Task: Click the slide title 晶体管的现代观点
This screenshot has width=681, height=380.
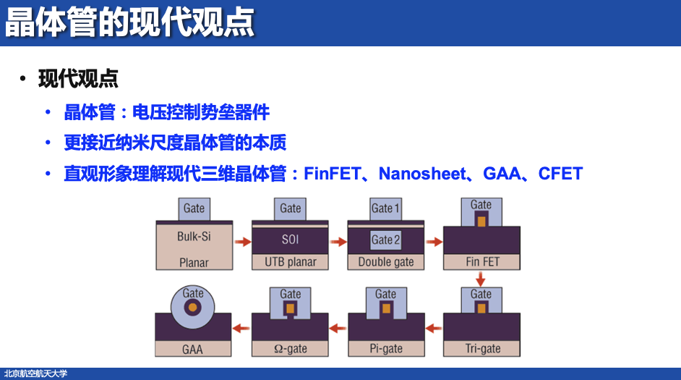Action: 130,22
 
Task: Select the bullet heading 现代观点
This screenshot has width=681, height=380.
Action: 78,79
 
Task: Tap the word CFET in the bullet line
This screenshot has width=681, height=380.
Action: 560,174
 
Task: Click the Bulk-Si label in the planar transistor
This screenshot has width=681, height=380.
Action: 194,237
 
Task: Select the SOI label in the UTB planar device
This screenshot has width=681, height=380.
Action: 290,239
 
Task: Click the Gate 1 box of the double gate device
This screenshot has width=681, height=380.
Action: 385,208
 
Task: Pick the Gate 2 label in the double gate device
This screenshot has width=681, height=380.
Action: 385,240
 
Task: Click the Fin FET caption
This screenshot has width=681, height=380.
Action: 482,261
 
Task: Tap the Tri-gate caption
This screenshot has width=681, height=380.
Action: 482,348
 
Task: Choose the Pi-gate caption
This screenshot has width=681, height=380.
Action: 386,348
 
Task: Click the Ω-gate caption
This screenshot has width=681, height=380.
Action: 290,348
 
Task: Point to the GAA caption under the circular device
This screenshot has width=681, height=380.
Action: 193,349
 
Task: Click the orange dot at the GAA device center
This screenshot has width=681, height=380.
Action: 193,307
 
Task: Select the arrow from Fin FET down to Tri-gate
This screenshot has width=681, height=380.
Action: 481,278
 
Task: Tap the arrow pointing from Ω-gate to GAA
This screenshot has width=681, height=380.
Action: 241,328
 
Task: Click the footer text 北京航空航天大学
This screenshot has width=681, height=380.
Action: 35,373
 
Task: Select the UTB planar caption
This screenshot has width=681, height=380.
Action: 290,262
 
